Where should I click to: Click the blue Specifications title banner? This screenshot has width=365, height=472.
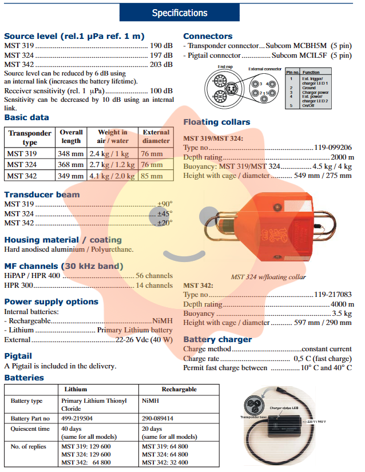pyautogui.click(x=180, y=13)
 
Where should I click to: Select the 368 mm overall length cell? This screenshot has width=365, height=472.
pyautogui.click(x=71, y=164)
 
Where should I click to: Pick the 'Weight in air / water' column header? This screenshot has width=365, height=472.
pyautogui.click(x=112, y=136)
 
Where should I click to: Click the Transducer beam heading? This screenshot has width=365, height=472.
pyautogui.click(x=42, y=195)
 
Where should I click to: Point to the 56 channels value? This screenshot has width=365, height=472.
pyautogui.click(x=154, y=275)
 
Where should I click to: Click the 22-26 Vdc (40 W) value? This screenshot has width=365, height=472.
pyautogui.click(x=144, y=340)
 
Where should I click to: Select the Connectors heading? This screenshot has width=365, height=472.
pyautogui.click(x=208, y=36)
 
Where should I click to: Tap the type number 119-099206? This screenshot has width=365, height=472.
pyautogui.click(x=333, y=147)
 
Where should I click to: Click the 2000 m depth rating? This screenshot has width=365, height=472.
pyautogui.click(x=342, y=157)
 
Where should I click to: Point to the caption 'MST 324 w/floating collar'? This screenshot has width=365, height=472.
pyautogui.click(x=268, y=277)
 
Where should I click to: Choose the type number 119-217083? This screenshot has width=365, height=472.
pyautogui.click(x=333, y=295)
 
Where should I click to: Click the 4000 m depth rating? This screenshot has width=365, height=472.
pyautogui.click(x=342, y=304)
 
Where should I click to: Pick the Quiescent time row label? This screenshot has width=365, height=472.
pyautogui.click(x=30, y=429)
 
